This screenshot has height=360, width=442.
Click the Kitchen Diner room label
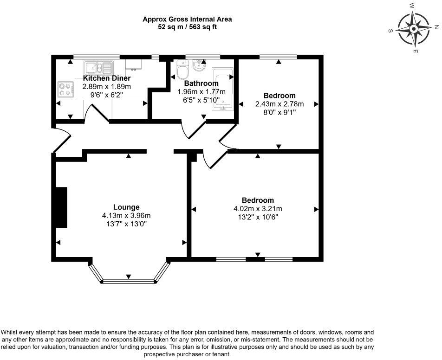pos(107,78)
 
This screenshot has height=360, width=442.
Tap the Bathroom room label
pos(201,84)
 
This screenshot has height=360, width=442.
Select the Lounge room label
pos(126,207)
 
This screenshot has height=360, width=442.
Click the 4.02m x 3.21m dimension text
pos(258,209)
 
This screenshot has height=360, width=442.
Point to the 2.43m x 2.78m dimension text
pos(279,104)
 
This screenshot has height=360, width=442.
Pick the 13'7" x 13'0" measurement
pos(126,224)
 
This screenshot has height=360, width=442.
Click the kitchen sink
pos(98,68)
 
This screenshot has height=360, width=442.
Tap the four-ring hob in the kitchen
pos(65,89)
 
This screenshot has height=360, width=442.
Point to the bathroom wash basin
pos(200,65)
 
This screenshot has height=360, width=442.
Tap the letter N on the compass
pos(436,27)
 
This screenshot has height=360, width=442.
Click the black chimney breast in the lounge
pos(61,207)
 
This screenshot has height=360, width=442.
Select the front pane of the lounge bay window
pos(129,281)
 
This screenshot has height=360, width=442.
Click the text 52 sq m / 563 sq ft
pos(187,27)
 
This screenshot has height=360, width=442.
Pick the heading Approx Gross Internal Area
pos(187,19)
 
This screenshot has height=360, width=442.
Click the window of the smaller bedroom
pos(278,57)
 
